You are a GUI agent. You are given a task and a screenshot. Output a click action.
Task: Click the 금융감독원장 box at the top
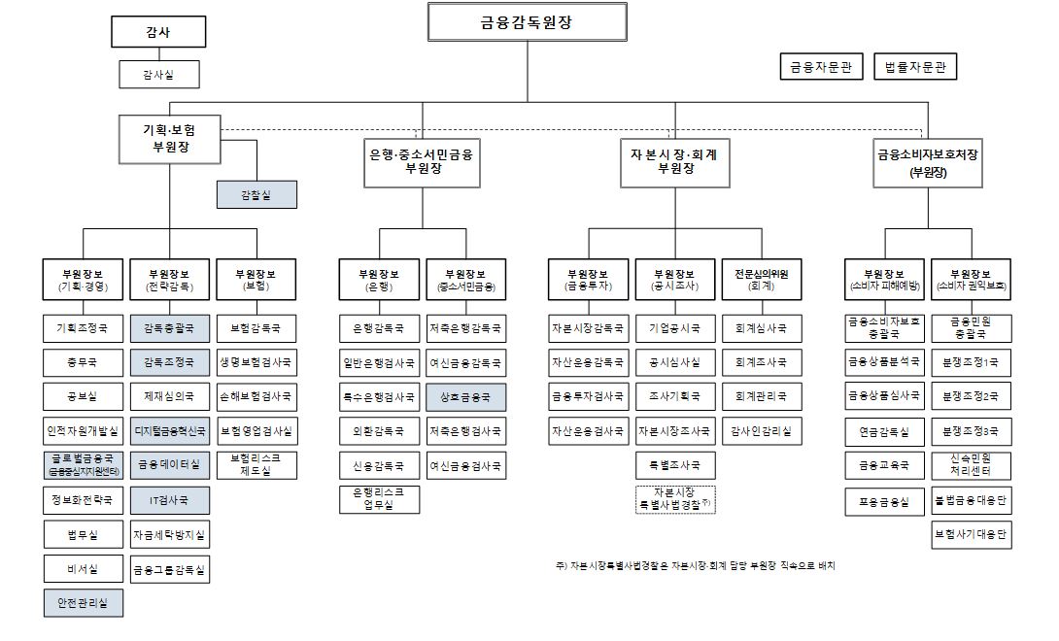tap(526, 22)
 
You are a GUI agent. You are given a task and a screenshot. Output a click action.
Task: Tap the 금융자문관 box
tap(820, 67)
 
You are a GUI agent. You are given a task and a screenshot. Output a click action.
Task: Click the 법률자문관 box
tap(915, 67)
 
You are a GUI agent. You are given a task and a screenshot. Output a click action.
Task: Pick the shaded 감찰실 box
tap(256, 195)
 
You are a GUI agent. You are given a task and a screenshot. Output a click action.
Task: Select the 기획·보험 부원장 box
tap(170, 139)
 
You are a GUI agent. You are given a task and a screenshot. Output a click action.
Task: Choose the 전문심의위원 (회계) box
tap(761, 280)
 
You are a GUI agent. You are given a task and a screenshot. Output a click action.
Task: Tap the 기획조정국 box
tap(83, 329)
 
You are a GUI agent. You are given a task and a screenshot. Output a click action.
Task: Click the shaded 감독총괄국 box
tap(169, 329)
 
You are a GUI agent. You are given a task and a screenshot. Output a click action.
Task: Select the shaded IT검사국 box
tap(169, 501)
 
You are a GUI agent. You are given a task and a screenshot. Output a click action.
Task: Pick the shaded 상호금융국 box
tap(464, 397)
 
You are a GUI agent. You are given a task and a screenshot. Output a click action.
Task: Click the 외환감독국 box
tap(378, 431)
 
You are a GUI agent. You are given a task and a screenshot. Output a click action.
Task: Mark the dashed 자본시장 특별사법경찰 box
tap(674, 499)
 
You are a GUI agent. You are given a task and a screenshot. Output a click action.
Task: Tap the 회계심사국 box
tap(761, 329)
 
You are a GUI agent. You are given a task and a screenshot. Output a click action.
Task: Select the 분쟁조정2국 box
tap(971, 397)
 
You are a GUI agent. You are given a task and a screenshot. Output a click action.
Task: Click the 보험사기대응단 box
tap(971, 534)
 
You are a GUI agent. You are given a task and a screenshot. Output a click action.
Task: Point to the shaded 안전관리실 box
tap(83, 603)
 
